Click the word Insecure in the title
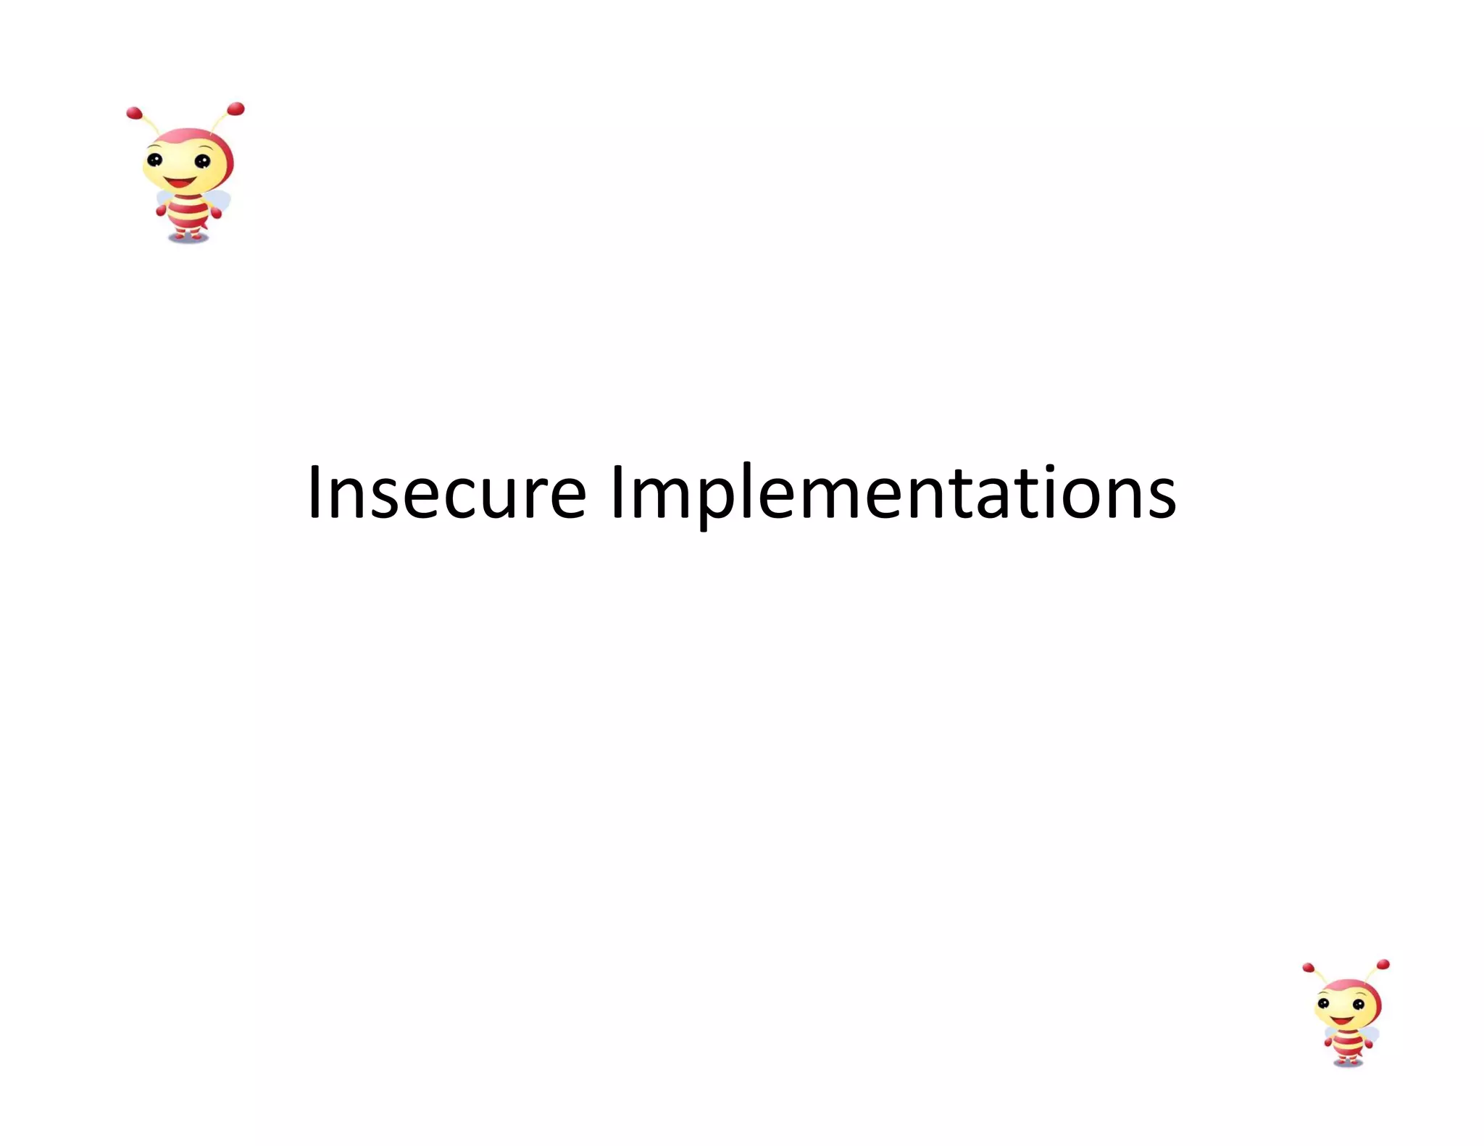(x=446, y=493)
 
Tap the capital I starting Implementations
(x=617, y=493)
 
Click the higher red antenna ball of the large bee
(x=235, y=109)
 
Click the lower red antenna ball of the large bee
(x=134, y=113)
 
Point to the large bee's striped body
(x=188, y=210)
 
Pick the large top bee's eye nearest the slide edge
(x=154, y=160)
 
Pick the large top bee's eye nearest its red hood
(x=202, y=162)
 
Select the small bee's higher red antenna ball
(x=1383, y=965)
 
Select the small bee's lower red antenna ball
(x=1308, y=968)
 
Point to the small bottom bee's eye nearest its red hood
(x=1358, y=1005)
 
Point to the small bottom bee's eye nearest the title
(x=1323, y=1003)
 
